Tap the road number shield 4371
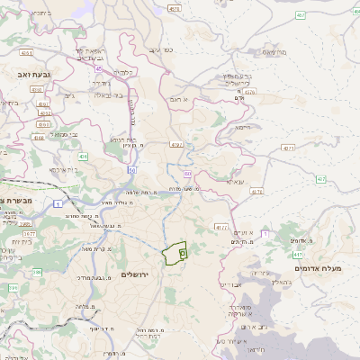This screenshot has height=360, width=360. [x=288, y=147]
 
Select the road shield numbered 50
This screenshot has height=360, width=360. [x=131, y=168]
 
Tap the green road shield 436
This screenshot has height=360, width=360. [x=83, y=157]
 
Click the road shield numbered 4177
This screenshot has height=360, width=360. [x=221, y=228]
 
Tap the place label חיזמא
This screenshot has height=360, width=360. [x=243, y=128]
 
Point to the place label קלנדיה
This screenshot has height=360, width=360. [x=125, y=71]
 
